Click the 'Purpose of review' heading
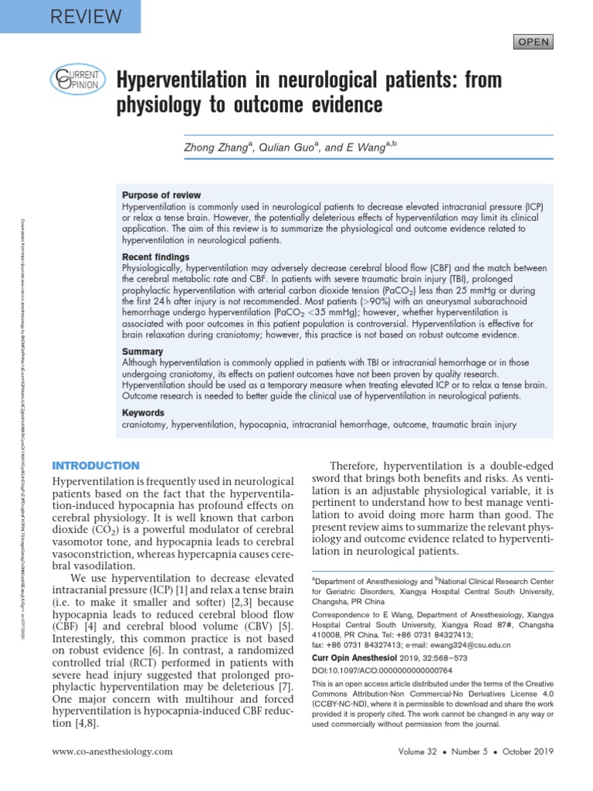pos(161,195)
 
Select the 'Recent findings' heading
pos(155,256)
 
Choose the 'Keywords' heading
pos(144,412)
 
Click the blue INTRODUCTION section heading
pos(95,466)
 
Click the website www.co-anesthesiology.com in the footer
pos(112,752)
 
